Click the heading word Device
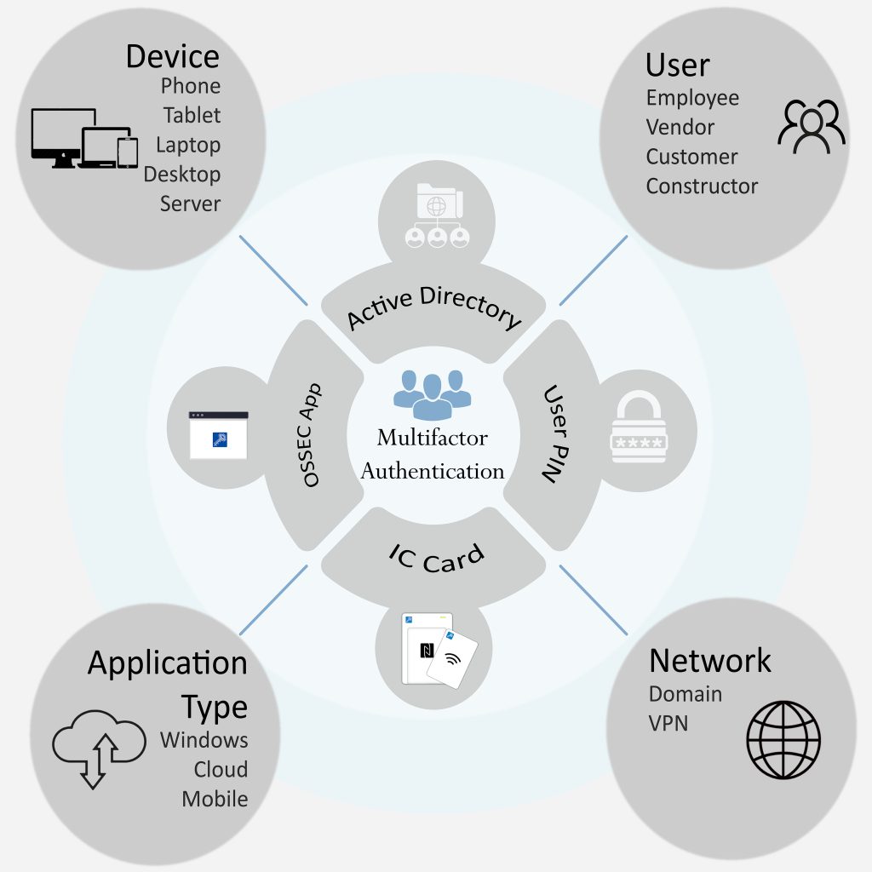[x=172, y=56]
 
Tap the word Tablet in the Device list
[x=192, y=115]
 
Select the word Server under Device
[x=190, y=204]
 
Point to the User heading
[x=677, y=65]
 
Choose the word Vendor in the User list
[x=680, y=127]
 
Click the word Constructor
[x=702, y=186]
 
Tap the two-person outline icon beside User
[x=811, y=127]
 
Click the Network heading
[x=709, y=660]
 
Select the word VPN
[x=668, y=724]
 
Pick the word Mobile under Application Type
[x=215, y=799]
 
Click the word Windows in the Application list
[x=204, y=739]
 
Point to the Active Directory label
[x=433, y=308]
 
